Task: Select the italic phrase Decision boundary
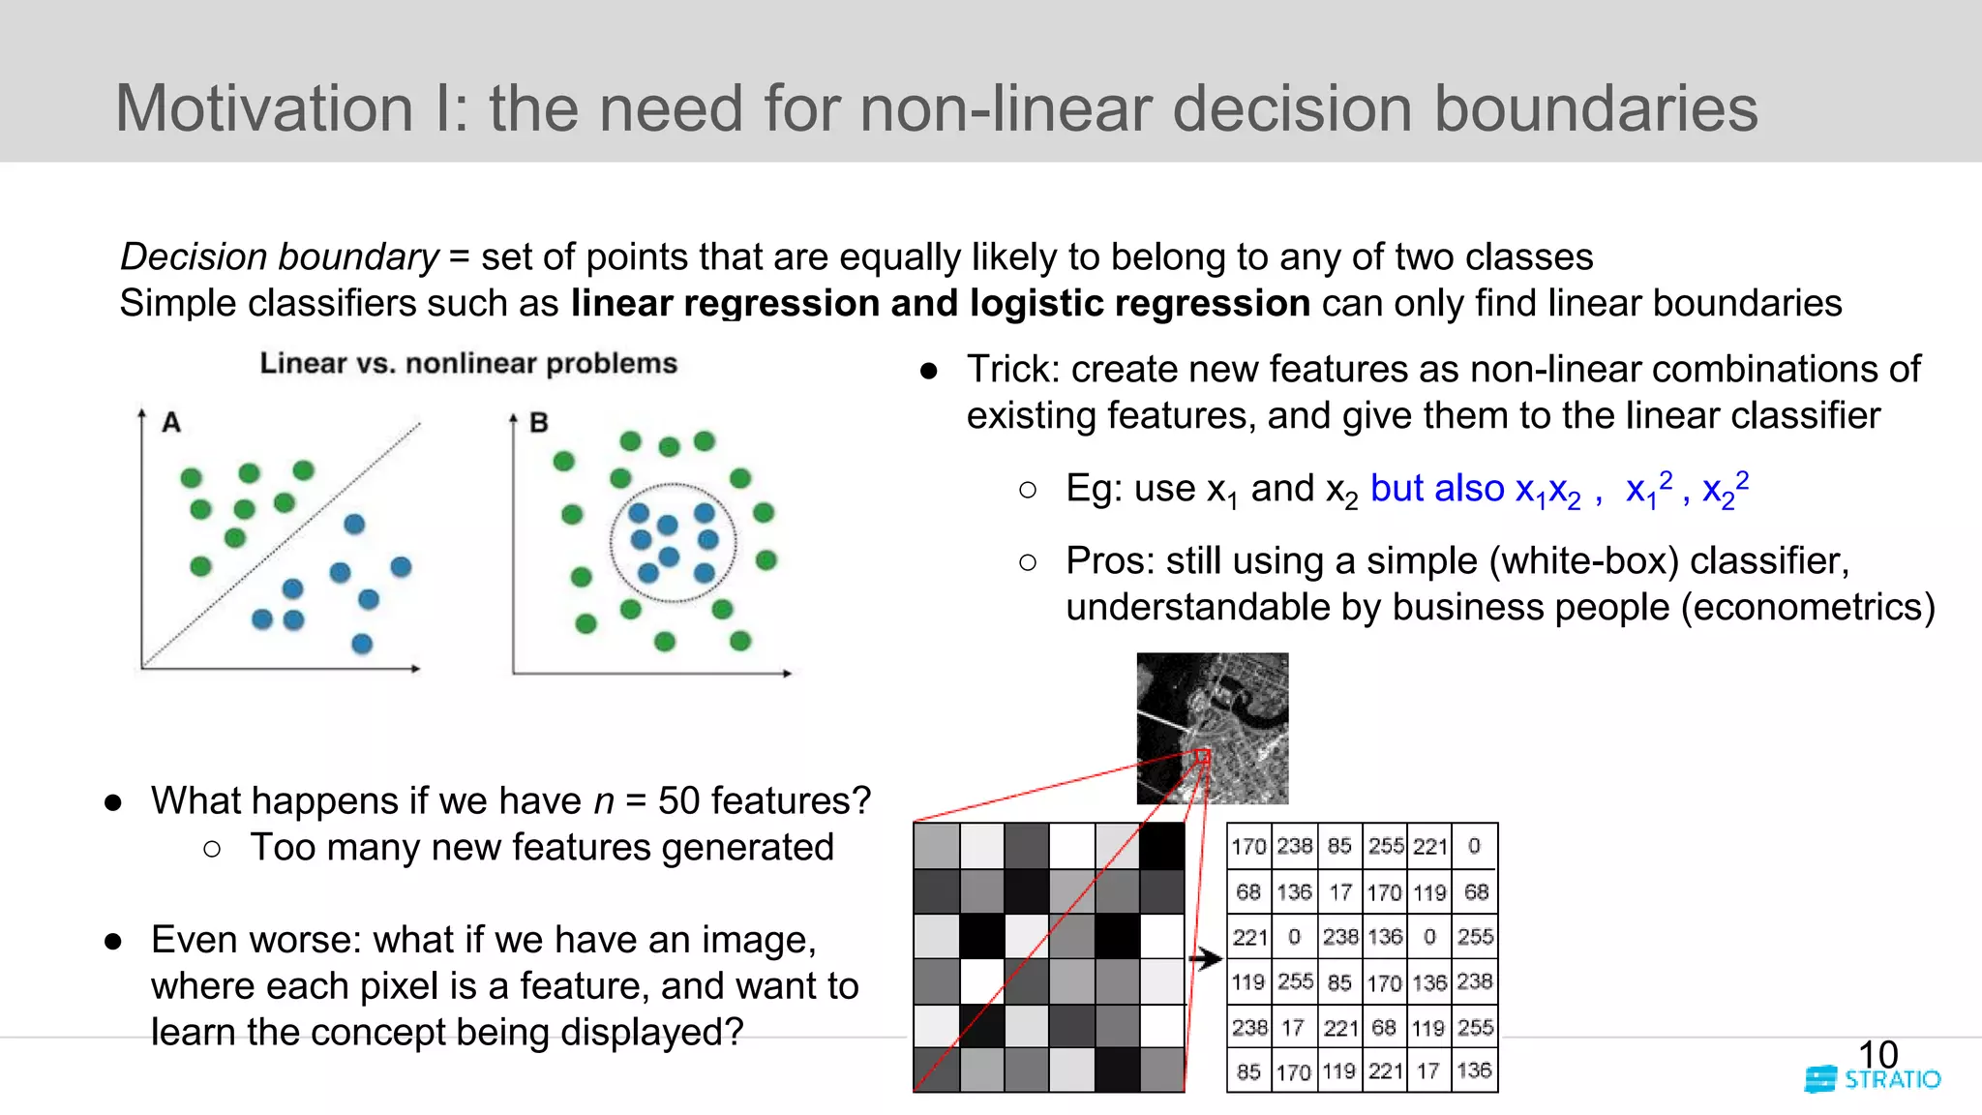click(x=279, y=256)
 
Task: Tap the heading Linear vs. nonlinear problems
click(x=468, y=363)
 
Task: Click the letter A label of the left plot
click(x=171, y=422)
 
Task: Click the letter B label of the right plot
click(x=539, y=422)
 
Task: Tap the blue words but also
click(x=1436, y=488)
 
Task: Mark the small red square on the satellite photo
click(x=1203, y=756)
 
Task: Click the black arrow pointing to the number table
click(x=1206, y=958)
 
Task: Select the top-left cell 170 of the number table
click(x=1248, y=846)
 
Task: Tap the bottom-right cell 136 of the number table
click(x=1474, y=1070)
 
